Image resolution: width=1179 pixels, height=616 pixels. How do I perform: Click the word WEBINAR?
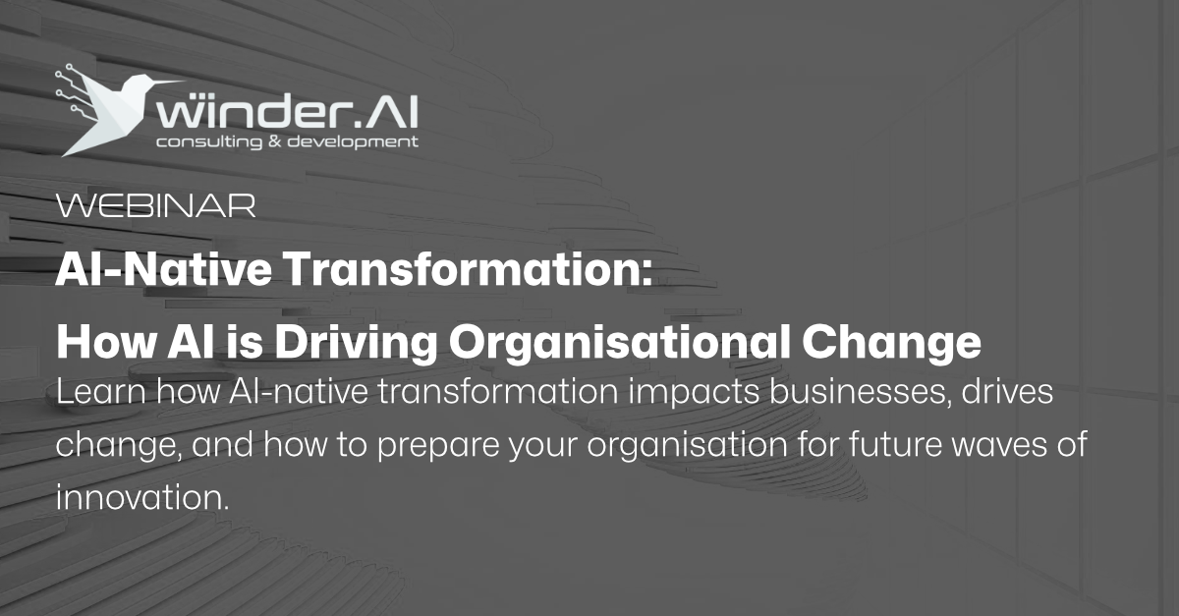point(156,205)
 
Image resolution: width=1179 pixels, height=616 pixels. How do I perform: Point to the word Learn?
point(98,394)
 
